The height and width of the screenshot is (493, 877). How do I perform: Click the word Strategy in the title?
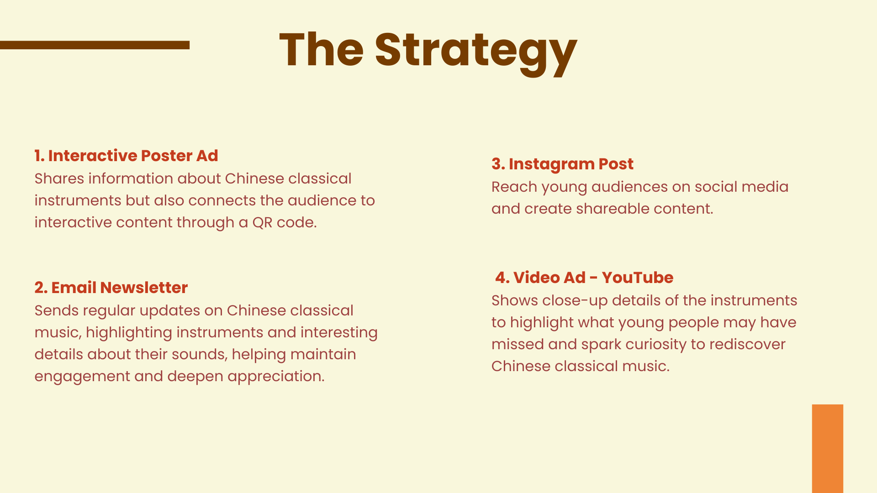tap(476, 51)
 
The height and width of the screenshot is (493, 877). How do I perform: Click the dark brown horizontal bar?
tap(95, 45)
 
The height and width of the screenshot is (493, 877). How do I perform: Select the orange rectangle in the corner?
tap(828, 449)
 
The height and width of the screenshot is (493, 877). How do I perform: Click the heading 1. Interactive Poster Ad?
tap(126, 156)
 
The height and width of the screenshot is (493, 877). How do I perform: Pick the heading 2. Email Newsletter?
tap(111, 288)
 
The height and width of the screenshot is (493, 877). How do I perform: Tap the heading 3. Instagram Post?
tap(562, 164)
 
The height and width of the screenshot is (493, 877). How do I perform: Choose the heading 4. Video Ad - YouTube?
tap(584, 278)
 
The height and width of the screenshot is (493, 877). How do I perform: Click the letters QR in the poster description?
tap(263, 222)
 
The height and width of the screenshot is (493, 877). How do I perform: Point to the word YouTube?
tap(638, 278)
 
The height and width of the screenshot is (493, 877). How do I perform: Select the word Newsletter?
tap(144, 288)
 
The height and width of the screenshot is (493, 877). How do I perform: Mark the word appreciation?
tap(276, 377)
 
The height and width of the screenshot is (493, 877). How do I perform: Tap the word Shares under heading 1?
tap(59, 178)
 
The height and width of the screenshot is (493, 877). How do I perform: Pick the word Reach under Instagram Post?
tap(514, 187)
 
